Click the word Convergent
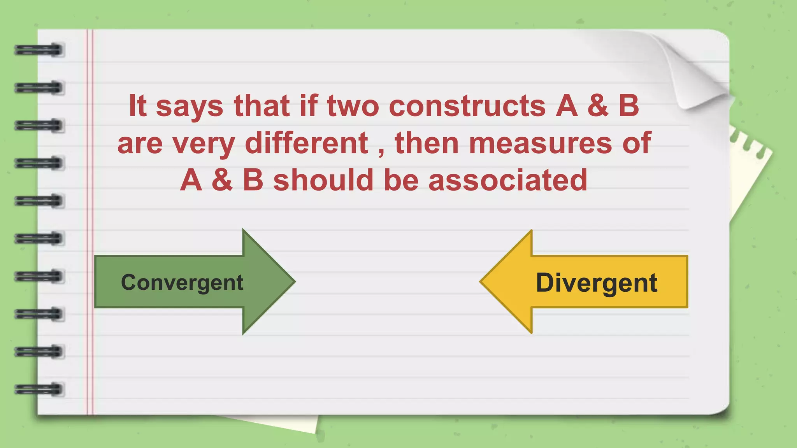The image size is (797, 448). tap(182, 283)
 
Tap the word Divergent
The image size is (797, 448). tap(596, 283)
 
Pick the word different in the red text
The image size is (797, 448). tap(306, 143)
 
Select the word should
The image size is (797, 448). tap(323, 180)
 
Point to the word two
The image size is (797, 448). tap(353, 106)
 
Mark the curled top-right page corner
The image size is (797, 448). tap(697, 78)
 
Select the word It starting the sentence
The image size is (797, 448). tap(137, 105)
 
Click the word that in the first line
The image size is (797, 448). tap(262, 106)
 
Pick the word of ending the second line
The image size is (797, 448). tap(637, 143)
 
